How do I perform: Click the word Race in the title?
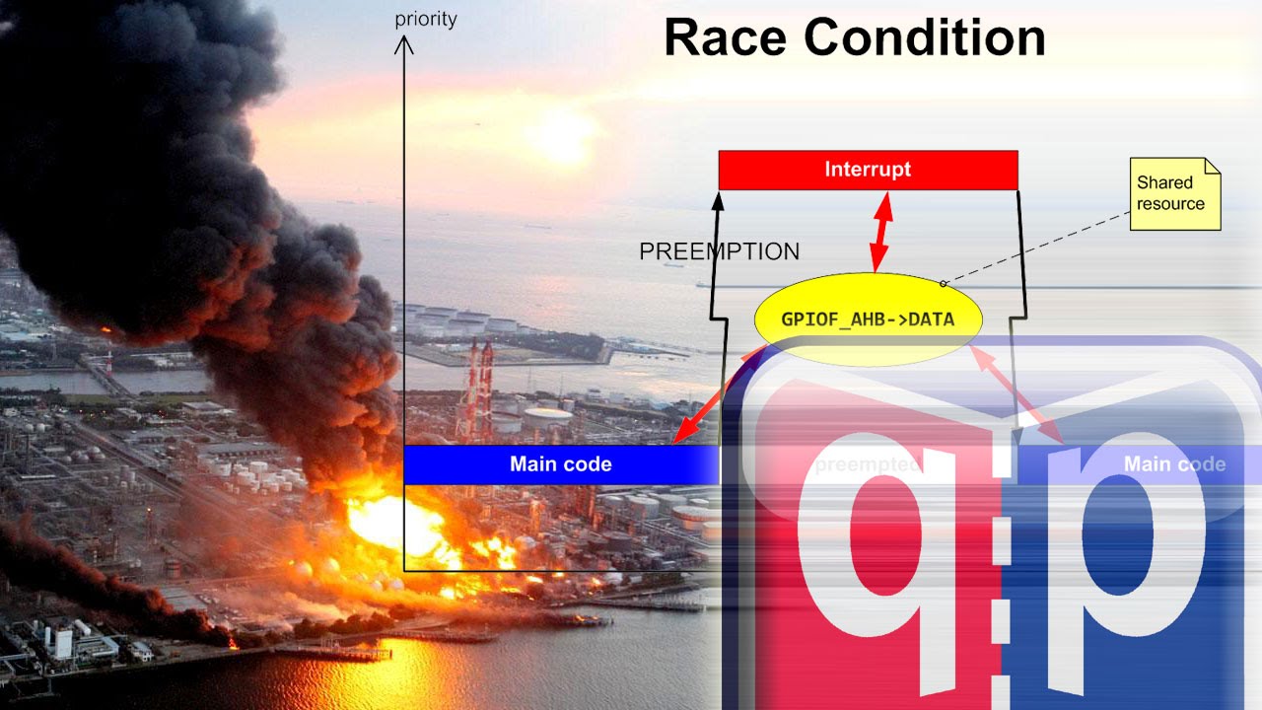726,38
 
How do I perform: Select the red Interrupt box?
868,170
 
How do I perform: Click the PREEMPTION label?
719,251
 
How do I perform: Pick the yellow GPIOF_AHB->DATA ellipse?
868,319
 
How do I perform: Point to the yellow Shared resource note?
1174,193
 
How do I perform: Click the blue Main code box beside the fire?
560,463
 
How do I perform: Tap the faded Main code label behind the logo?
1174,463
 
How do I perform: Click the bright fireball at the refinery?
394,523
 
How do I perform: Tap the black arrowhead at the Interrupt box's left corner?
719,200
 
